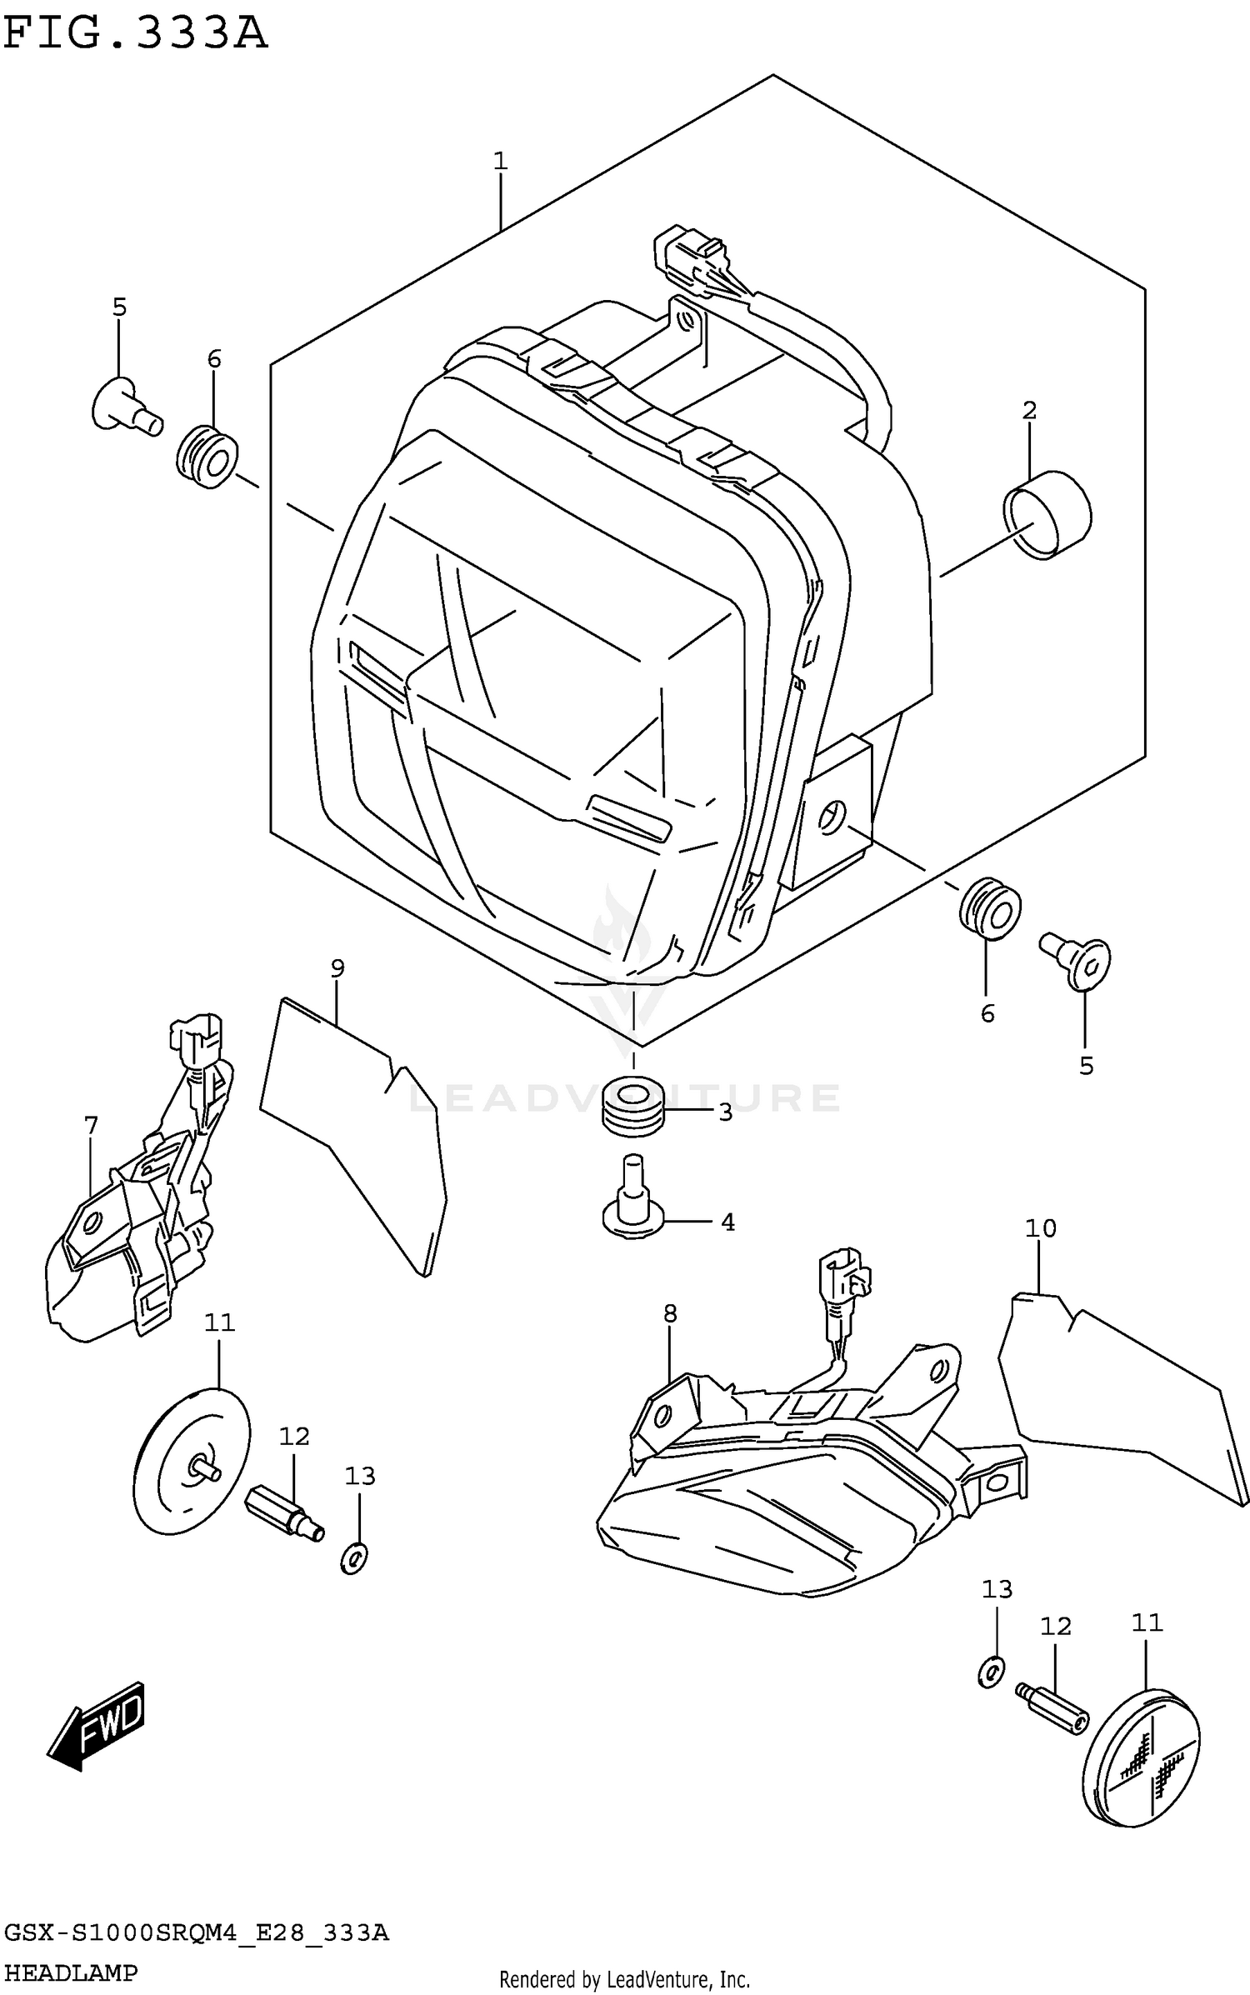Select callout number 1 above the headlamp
[500, 161]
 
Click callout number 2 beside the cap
[1029, 410]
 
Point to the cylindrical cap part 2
[1047, 514]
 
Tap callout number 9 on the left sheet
[337, 967]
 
